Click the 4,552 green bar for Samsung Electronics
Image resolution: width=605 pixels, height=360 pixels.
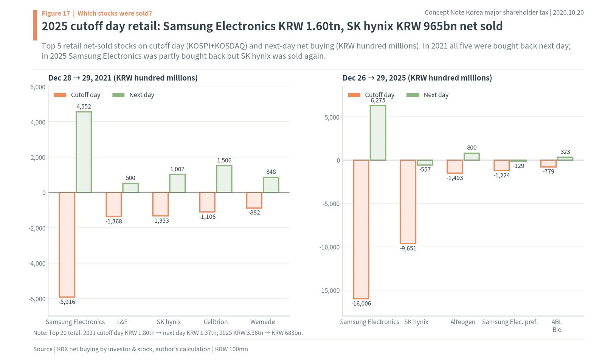84,152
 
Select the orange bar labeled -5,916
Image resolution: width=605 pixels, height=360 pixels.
67,245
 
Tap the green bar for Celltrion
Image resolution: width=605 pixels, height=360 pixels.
224,179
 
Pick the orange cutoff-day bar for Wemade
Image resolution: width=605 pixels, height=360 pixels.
254,200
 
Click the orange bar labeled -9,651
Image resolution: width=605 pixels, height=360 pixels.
408,202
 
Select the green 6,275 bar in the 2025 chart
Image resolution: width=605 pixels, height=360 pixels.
378,133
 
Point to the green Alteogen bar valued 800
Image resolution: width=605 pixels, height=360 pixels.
472,157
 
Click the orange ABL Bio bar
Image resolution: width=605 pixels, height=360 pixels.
548,163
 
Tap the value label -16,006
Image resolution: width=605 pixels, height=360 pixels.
361,304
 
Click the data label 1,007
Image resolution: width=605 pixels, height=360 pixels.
177,169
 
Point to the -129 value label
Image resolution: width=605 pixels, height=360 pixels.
518,166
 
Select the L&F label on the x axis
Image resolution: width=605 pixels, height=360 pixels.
122,322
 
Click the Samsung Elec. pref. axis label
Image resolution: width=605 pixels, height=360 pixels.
510,322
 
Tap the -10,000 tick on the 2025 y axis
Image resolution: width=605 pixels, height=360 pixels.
329,247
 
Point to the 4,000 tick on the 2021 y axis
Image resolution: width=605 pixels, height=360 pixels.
38,122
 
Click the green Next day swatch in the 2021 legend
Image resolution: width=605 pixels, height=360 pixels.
118,95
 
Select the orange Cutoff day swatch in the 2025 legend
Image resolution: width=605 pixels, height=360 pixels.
354,95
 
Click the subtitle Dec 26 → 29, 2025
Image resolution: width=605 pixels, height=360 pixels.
374,78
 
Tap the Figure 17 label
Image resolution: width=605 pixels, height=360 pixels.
56,13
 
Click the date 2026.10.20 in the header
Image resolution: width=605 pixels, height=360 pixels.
568,12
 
